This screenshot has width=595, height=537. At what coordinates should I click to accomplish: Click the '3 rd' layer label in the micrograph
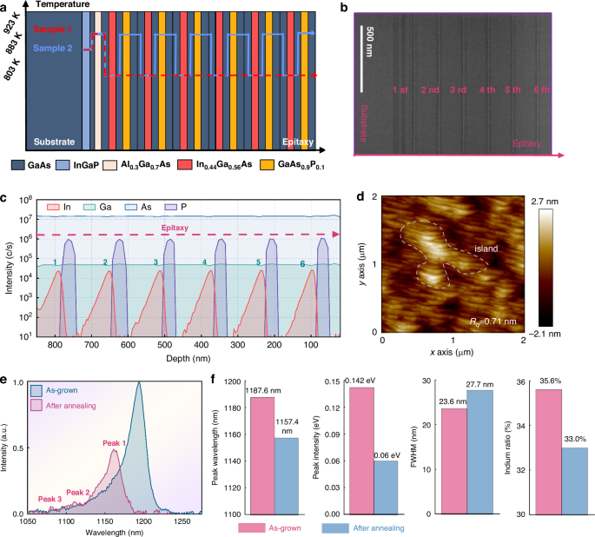click(x=459, y=89)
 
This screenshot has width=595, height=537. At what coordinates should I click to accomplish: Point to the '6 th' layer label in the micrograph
click(x=543, y=89)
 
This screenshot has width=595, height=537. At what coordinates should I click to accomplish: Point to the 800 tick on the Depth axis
click(x=56, y=346)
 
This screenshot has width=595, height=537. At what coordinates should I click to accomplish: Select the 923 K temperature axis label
click(x=11, y=26)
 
